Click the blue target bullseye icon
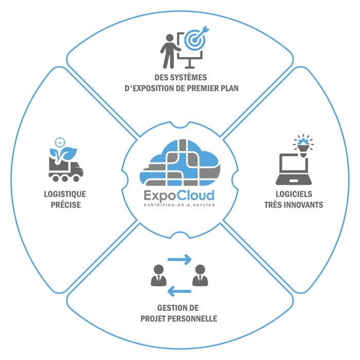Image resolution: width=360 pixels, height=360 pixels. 195,40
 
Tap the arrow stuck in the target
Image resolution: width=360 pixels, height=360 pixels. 202,33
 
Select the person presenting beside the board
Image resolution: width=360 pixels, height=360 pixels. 170,51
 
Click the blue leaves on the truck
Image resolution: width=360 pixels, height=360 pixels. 63,154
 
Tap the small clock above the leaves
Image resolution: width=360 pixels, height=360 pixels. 60,142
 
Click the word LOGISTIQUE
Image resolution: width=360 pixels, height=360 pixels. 65,194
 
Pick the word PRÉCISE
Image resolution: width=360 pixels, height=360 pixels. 66,205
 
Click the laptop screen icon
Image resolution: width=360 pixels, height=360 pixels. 294,169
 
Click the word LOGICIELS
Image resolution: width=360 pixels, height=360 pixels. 294,194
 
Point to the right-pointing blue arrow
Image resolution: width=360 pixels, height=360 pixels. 179,259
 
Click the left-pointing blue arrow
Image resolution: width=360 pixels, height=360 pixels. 179,292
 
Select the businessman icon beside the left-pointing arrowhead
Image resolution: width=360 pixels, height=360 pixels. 158,275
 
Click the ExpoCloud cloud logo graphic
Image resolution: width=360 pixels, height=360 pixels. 180,163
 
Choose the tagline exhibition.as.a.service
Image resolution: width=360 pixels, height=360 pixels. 179,205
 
